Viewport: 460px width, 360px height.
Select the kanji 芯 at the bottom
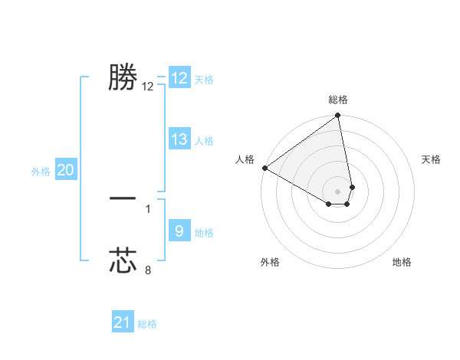(123, 260)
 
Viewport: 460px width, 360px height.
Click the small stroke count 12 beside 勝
(148, 87)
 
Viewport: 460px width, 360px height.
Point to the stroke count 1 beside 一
(148, 208)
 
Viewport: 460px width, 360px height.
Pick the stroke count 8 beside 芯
(148, 270)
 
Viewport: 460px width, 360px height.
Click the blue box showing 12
(179, 78)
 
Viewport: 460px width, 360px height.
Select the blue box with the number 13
(179, 139)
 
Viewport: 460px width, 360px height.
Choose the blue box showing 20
(65, 170)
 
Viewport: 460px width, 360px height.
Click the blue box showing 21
(123, 322)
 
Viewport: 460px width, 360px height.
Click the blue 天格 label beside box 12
(204, 80)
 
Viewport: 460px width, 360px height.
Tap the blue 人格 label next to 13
(204, 141)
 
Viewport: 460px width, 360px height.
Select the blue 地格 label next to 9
(204, 233)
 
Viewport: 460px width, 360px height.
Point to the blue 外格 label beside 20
(41, 172)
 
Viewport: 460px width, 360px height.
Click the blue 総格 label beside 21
(147, 324)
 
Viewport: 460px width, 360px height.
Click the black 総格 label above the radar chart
(338, 100)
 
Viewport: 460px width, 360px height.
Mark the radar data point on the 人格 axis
(264, 168)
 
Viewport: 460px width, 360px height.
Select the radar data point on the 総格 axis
(338, 116)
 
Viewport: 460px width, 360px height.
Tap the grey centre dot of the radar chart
(337, 191)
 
